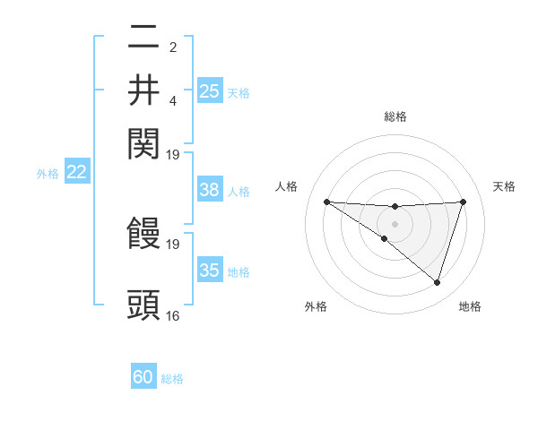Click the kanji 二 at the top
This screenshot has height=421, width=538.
144,38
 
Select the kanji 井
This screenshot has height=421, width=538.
144,90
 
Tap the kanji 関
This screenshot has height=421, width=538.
144,142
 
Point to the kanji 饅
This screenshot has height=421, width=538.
144,233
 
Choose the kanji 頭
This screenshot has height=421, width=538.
144,305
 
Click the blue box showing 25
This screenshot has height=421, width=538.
210,90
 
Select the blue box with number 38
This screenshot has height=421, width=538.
210,190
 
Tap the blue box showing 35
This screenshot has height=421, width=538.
210,271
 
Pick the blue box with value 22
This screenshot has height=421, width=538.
77,173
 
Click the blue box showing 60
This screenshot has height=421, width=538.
143,377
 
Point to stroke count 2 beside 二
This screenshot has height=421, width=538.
173,47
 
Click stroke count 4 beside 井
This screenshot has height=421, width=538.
173,99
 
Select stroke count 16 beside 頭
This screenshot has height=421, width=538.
173,315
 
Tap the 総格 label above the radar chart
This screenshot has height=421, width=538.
395,116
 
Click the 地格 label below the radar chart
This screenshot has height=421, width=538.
470,306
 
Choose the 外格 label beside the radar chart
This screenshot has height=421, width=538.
316,306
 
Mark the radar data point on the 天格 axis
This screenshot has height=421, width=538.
464,202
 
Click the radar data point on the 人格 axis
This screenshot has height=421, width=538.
326,202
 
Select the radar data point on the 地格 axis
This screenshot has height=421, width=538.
437,282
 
